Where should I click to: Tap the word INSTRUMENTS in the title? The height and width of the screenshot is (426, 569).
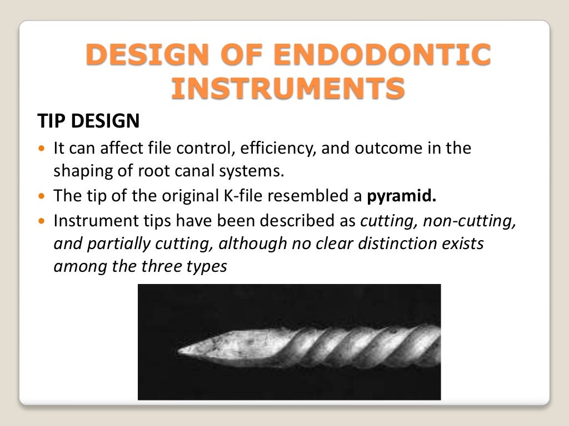click(x=287, y=89)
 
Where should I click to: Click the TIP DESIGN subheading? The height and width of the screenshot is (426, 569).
click(x=88, y=120)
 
